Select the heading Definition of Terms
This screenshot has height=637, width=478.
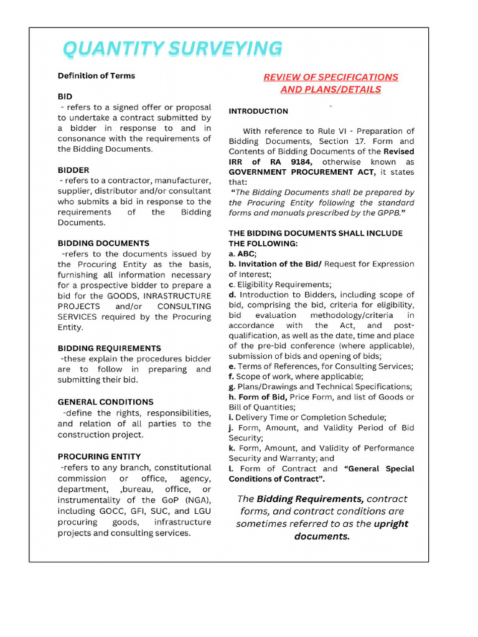[96, 76]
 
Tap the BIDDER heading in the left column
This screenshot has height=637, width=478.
[73, 170]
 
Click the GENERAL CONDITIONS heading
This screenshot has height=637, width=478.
[105, 402]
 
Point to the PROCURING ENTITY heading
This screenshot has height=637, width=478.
[99, 456]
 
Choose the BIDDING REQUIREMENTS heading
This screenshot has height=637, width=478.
[109, 348]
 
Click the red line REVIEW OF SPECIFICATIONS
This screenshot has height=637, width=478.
[330, 77]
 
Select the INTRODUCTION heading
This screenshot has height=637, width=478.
[258, 111]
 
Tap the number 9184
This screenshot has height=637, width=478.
[299, 162]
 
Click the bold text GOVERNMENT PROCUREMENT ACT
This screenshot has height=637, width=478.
[302, 172]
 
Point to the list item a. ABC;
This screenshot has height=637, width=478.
[243, 254]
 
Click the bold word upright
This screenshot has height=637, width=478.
[391, 524]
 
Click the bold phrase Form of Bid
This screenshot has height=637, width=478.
[261, 397]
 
